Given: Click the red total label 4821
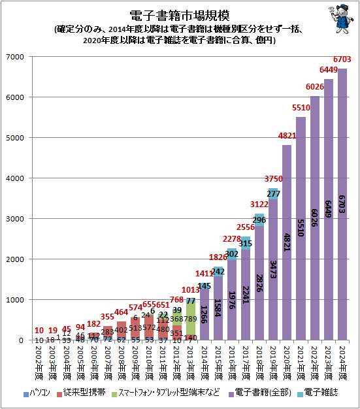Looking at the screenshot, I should pyautogui.click(x=286, y=136).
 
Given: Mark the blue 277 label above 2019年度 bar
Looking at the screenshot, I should pyautogui.click(x=272, y=194).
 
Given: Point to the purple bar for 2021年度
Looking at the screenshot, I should pyautogui.click(x=301, y=229).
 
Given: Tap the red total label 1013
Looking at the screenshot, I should pyautogui.click(x=189, y=290).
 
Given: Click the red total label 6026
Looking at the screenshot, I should pyautogui.click(x=314, y=88).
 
